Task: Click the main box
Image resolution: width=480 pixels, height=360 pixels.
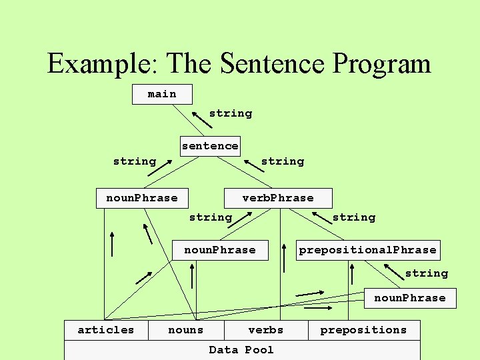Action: coord(162,94)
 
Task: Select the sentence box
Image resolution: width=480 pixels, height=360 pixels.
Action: coord(210,146)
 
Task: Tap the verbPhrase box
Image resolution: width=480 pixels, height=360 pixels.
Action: coord(277,198)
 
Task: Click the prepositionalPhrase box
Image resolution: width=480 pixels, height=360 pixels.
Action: coord(368,250)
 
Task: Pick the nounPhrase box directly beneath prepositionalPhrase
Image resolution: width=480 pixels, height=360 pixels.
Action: coord(409,298)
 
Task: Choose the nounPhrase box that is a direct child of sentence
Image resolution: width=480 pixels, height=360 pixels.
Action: coord(142,198)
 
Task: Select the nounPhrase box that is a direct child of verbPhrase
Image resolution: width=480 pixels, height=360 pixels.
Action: coord(220,250)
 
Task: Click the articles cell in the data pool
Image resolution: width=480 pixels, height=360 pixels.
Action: coord(105,330)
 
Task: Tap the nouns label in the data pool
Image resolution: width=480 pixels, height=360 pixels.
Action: coord(186,330)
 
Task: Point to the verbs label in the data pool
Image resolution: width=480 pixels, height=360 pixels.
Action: coord(265,330)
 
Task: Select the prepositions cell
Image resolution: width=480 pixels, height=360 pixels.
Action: coord(364,330)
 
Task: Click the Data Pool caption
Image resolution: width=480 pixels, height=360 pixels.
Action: coord(241,350)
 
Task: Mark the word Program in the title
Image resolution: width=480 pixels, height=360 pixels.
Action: coord(382,64)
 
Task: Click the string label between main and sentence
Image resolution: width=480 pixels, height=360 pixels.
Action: coord(231,113)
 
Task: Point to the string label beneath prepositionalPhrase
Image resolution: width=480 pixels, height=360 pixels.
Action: coord(427,273)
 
